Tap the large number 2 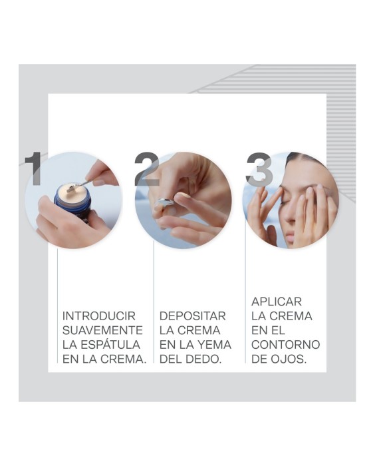pos(146,170)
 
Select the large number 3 pos(259,170)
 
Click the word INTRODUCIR pos(98,316)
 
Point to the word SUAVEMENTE pos(102,330)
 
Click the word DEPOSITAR pos(192,316)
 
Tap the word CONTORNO pos(285,345)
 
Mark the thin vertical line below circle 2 pos(154,300)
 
